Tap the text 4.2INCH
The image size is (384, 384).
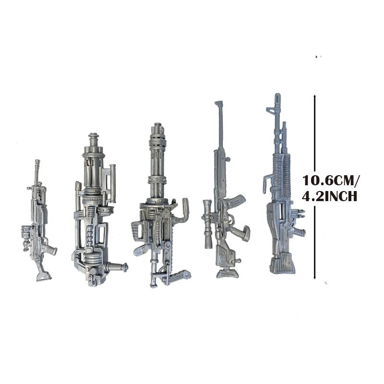(329, 196)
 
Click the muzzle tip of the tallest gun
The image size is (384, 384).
(277, 96)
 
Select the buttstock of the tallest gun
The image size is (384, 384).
(282, 264)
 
